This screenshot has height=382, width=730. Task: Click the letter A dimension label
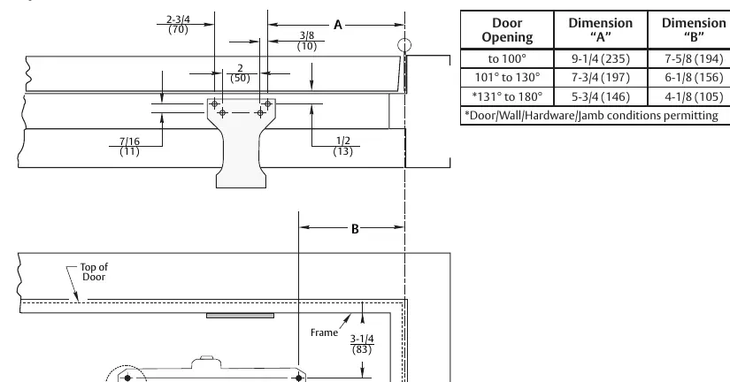pyautogui.click(x=338, y=25)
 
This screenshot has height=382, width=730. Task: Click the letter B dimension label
pyautogui.click(x=355, y=228)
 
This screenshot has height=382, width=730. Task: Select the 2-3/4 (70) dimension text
pyautogui.click(x=178, y=25)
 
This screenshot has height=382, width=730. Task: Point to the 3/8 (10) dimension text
pyautogui.click(x=307, y=41)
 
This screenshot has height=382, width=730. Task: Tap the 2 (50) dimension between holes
pyautogui.click(x=240, y=73)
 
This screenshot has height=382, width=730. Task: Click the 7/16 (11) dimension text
pyautogui.click(x=129, y=146)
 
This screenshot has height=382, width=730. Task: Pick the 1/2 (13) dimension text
pyautogui.click(x=343, y=146)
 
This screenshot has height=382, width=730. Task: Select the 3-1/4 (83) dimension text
pyautogui.click(x=362, y=344)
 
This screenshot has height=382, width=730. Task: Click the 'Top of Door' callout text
pyautogui.click(x=94, y=271)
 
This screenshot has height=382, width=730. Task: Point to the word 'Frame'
pyautogui.click(x=324, y=332)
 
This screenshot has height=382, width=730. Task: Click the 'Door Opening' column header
pyautogui.click(x=507, y=30)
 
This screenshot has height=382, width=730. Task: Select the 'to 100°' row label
pyautogui.click(x=507, y=59)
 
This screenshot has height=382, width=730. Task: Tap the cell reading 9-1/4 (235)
pyautogui.click(x=601, y=59)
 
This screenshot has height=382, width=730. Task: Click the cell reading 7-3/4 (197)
pyautogui.click(x=601, y=77)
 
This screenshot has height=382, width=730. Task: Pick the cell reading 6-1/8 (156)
pyautogui.click(x=694, y=77)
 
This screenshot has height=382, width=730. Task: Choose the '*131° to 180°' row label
pyautogui.click(x=507, y=96)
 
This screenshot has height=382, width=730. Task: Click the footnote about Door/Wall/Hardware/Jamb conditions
pyautogui.click(x=591, y=115)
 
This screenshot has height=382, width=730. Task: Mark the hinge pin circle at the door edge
pyautogui.click(x=404, y=46)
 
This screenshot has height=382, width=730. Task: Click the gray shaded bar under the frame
pyautogui.click(x=240, y=316)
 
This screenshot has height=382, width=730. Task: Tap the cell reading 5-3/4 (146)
pyautogui.click(x=601, y=96)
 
